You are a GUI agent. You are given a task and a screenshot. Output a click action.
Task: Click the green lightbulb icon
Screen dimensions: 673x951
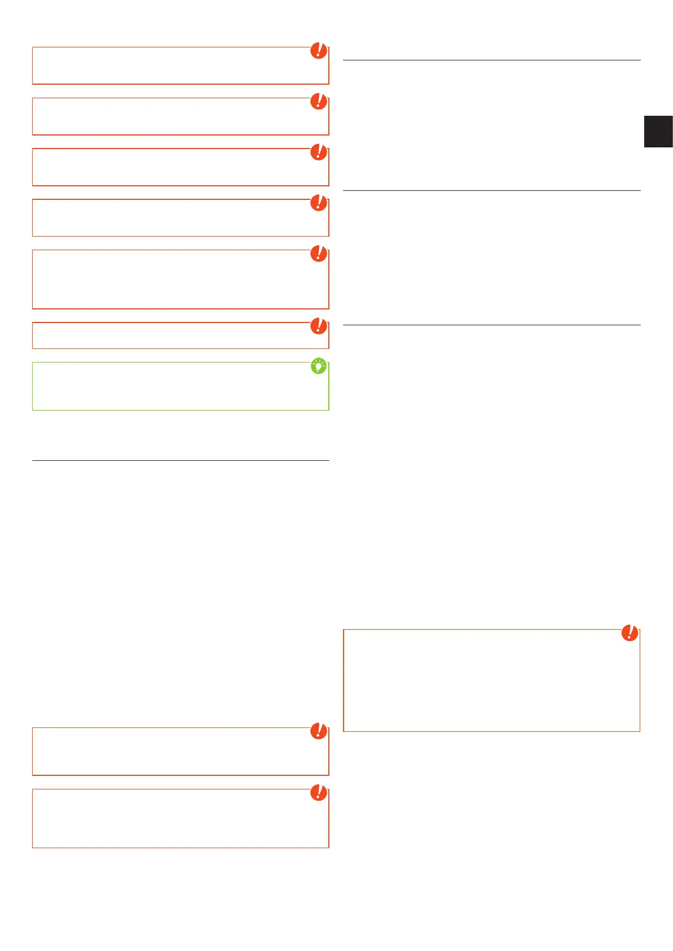pyautogui.click(x=319, y=367)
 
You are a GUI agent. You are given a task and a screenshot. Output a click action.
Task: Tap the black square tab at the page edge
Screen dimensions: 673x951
pyautogui.click(x=658, y=131)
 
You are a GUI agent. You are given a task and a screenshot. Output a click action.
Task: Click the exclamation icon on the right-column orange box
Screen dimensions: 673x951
pyautogui.click(x=629, y=633)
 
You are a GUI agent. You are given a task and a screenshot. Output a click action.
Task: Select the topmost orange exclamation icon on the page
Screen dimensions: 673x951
pyautogui.click(x=319, y=51)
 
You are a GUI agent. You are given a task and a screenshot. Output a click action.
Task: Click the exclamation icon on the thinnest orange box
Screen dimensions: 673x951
pyautogui.click(x=319, y=326)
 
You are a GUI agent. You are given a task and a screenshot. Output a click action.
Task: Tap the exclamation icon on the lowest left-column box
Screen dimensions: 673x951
pyautogui.click(x=319, y=792)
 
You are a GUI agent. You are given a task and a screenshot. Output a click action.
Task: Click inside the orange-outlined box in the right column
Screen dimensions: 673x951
pyautogui.click(x=491, y=681)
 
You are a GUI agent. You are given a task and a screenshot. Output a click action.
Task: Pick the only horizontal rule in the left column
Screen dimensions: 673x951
pyautogui.click(x=180, y=460)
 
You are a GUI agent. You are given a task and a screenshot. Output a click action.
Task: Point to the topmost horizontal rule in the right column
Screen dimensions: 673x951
pyautogui.click(x=492, y=60)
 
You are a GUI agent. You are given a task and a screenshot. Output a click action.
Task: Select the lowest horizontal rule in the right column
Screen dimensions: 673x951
pyautogui.click(x=492, y=325)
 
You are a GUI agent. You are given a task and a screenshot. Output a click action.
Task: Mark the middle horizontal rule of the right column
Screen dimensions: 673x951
pyautogui.click(x=492, y=191)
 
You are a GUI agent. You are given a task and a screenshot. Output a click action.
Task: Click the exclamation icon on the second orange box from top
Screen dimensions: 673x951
pyautogui.click(x=319, y=102)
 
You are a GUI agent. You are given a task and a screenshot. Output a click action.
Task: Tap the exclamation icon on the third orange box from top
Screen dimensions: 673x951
pyautogui.click(x=319, y=152)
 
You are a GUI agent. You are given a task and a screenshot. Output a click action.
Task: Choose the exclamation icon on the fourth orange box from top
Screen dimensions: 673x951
pyautogui.click(x=319, y=203)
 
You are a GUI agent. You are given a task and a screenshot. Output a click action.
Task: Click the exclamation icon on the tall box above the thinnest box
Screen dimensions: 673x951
pyautogui.click(x=319, y=254)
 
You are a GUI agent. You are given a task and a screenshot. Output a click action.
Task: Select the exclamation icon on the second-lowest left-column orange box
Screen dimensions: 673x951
pyautogui.click(x=319, y=731)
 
